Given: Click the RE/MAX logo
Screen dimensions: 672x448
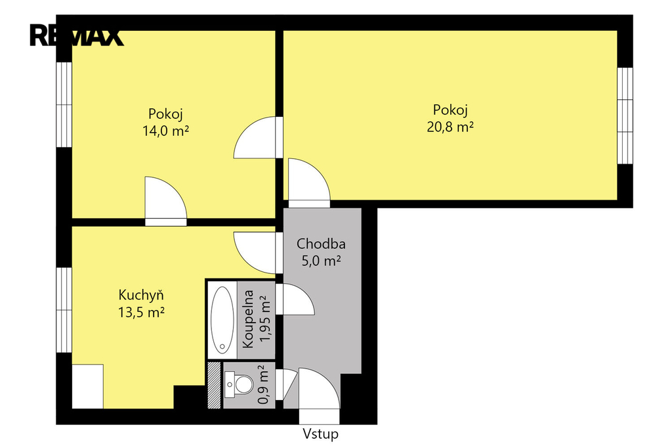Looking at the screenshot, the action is pos(76,35).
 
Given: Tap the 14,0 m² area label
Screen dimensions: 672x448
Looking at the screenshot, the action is pos(165,131).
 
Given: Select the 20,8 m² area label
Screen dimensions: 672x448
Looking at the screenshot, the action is pos(450,127).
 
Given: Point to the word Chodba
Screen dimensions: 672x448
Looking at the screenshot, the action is pos(321,244).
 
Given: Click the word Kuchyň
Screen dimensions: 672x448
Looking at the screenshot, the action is pos(141,294).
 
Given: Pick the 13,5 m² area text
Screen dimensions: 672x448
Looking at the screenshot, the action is pos(142,313).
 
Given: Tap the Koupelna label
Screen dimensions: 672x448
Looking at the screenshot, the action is pos(248,319).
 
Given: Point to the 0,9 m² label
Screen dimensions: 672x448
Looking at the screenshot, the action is pos(263,384).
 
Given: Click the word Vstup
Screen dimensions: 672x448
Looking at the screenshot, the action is pos(320,434).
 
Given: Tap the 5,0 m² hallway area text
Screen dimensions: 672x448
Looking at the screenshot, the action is pos(321,261).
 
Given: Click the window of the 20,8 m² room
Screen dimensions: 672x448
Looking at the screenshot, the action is pos(625,116).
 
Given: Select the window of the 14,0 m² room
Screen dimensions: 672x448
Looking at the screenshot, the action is pos(64,104).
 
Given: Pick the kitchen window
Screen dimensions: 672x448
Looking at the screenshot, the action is pos(64,310).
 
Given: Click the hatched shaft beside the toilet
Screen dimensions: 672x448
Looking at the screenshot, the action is pos(214,385).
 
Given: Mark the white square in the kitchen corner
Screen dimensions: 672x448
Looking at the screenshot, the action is pos(87,386).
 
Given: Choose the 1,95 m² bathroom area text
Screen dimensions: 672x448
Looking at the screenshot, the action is pos(265,319).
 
